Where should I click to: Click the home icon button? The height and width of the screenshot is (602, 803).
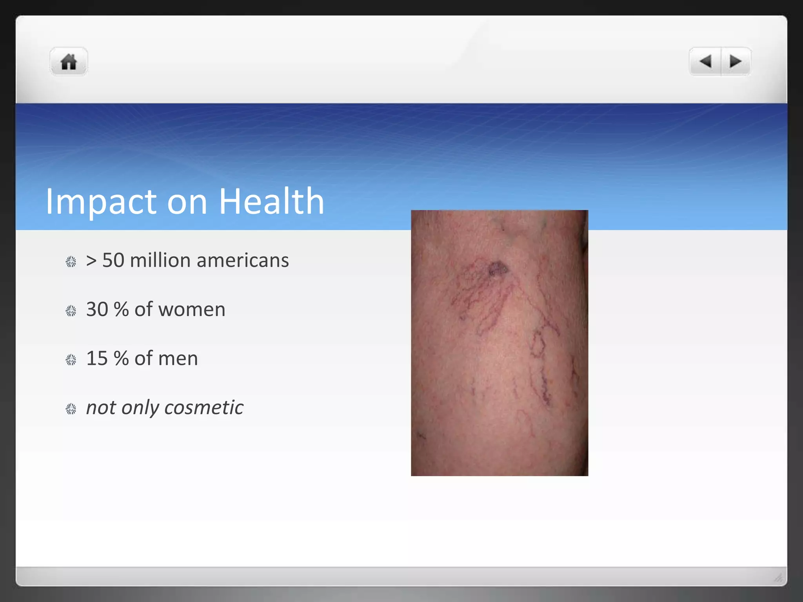pos(69,62)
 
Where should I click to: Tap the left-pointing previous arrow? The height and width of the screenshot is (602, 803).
pos(705,61)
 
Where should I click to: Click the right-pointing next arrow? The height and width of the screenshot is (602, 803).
pos(736,61)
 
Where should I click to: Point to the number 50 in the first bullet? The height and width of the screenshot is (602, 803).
pos(113,260)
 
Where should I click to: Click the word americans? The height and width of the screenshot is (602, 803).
pos(243,260)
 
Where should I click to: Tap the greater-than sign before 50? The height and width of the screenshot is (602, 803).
pos(91,261)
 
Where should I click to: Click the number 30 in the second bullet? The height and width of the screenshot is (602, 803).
pos(97,310)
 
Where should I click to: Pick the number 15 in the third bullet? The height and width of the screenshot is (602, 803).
pos(97,359)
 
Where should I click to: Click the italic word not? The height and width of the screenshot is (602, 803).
pos(101,408)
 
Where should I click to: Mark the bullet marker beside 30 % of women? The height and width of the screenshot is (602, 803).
pos(71,311)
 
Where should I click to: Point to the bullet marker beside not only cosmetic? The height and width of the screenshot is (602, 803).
pos(71,409)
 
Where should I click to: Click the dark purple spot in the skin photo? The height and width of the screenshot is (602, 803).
pos(498,269)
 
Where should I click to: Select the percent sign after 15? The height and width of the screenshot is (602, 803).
pos(121,359)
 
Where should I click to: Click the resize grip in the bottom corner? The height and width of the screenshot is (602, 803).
pos(778,577)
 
